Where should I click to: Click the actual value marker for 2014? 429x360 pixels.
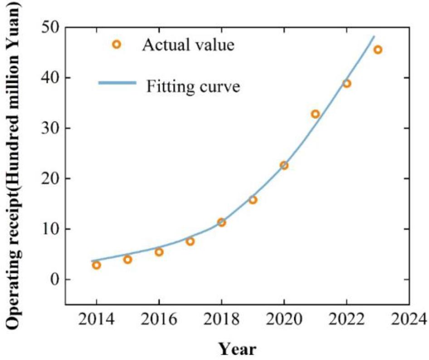tap(96, 265)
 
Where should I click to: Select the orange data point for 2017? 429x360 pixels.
tap(190, 242)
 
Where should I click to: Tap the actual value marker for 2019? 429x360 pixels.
tap(253, 200)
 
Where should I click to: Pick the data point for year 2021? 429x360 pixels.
tap(315, 114)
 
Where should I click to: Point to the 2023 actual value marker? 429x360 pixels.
tap(378, 49)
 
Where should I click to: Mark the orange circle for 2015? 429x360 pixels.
tap(127, 260)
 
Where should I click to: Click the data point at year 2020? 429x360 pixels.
tap(284, 165)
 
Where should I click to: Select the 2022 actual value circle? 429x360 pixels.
tap(346, 84)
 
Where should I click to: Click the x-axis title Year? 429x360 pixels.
tap(238, 349)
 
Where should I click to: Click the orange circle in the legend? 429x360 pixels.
tap(117, 44)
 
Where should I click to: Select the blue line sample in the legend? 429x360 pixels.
tap(117, 83)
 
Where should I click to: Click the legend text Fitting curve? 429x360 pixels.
tap(193, 86)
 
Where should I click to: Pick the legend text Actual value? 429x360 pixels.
tap(188, 45)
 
